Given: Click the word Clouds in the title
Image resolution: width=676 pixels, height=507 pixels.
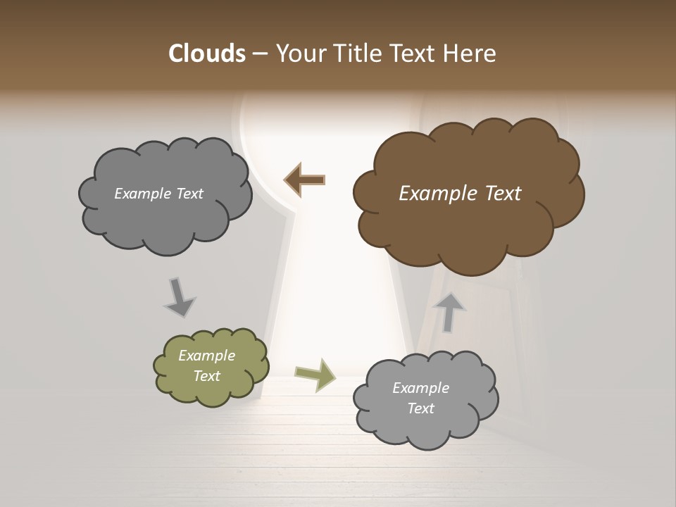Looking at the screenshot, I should [x=206, y=54].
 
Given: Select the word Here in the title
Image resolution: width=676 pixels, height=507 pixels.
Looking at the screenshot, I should [x=470, y=54].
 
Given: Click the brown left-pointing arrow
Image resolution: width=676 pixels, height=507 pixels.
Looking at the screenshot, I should [x=304, y=180].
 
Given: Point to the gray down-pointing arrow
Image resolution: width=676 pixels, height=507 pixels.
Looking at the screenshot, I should [x=179, y=297].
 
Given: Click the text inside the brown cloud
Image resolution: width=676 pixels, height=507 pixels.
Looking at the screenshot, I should [x=460, y=194].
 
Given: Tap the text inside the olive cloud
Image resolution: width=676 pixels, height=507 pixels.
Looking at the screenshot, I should [x=207, y=366].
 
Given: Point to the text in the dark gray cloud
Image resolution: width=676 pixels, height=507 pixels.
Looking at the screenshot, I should [x=159, y=194].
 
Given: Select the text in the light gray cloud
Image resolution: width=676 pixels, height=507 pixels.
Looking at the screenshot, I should [x=420, y=398].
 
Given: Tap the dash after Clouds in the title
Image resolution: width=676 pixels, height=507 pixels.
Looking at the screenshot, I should [x=259, y=54].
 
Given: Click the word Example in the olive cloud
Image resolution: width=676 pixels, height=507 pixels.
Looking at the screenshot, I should [x=207, y=356].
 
